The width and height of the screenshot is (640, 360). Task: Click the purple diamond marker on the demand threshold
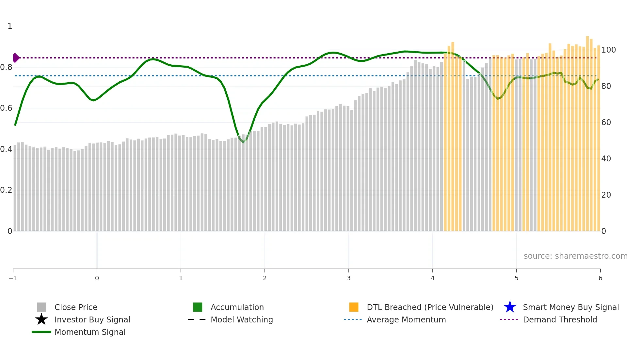(16, 58)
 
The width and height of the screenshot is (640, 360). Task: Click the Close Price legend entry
(75, 307)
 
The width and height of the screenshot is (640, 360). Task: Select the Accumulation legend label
(237, 307)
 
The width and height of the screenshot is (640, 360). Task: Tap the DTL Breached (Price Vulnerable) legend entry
(430, 307)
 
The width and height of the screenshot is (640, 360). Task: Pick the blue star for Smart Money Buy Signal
(510, 307)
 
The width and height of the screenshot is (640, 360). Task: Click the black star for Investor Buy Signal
(41, 319)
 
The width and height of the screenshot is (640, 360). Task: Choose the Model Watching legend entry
(242, 319)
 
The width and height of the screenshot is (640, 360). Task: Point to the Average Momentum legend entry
(406, 319)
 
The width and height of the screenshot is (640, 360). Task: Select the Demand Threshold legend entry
(560, 319)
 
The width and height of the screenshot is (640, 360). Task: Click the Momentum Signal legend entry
(90, 332)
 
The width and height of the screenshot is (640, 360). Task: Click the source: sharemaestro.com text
(575, 256)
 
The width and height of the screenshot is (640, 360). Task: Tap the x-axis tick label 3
(349, 278)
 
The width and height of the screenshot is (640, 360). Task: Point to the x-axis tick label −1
(13, 278)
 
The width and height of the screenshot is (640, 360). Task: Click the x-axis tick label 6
(600, 278)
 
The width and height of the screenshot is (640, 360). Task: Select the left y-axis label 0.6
(6, 108)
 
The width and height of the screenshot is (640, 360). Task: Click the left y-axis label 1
(10, 26)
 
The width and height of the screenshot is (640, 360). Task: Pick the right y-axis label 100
(608, 50)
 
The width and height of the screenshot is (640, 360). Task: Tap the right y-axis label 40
(606, 159)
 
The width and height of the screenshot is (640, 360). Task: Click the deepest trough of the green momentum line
(243, 142)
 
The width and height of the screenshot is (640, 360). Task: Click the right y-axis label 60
(606, 123)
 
